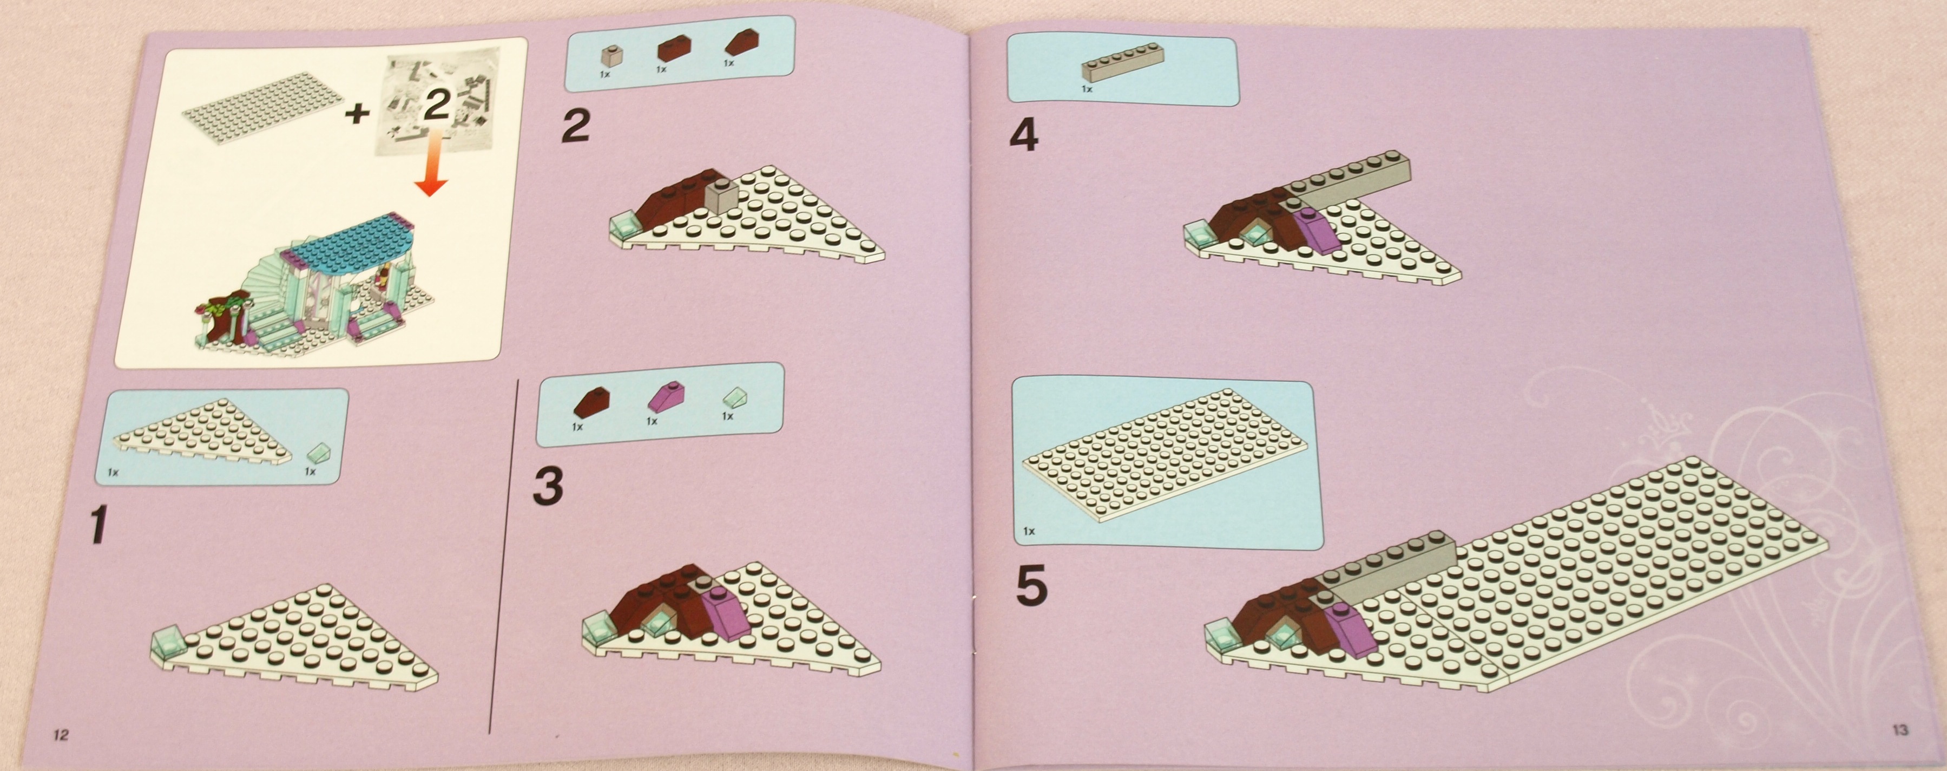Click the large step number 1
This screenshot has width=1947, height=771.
[97, 525]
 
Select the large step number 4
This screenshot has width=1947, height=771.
[1024, 135]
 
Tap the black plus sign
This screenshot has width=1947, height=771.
[356, 113]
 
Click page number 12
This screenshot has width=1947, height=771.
[61, 735]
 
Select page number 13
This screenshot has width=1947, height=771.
[1900, 729]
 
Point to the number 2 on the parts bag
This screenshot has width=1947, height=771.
[436, 103]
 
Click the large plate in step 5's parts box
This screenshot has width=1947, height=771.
[1164, 454]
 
